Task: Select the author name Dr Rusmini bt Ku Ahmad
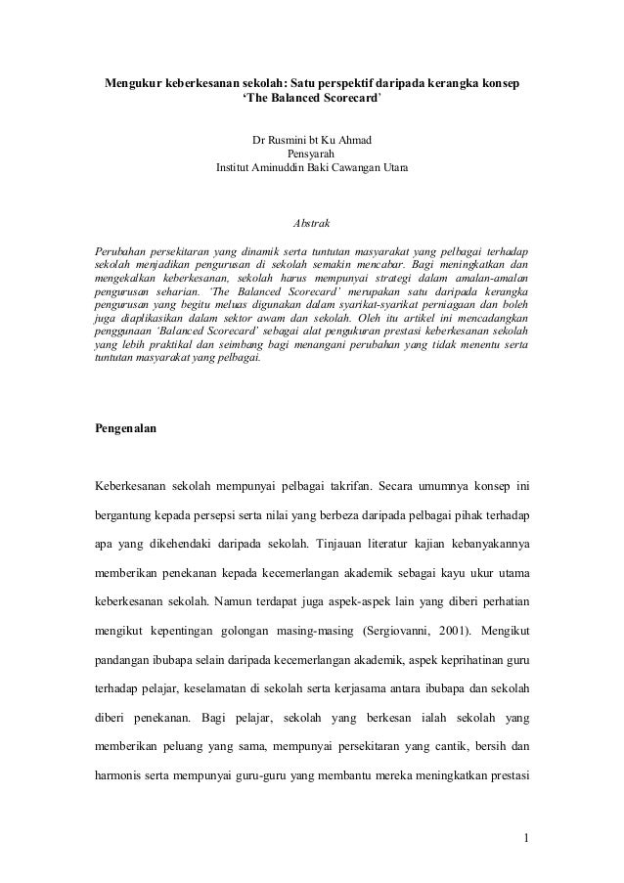pyautogui.click(x=311, y=141)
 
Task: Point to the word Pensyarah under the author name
pyautogui.click(x=311, y=155)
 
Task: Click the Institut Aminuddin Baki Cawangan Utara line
pyautogui.click(x=311, y=168)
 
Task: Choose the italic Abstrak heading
pyautogui.click(x=311, y=225)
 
